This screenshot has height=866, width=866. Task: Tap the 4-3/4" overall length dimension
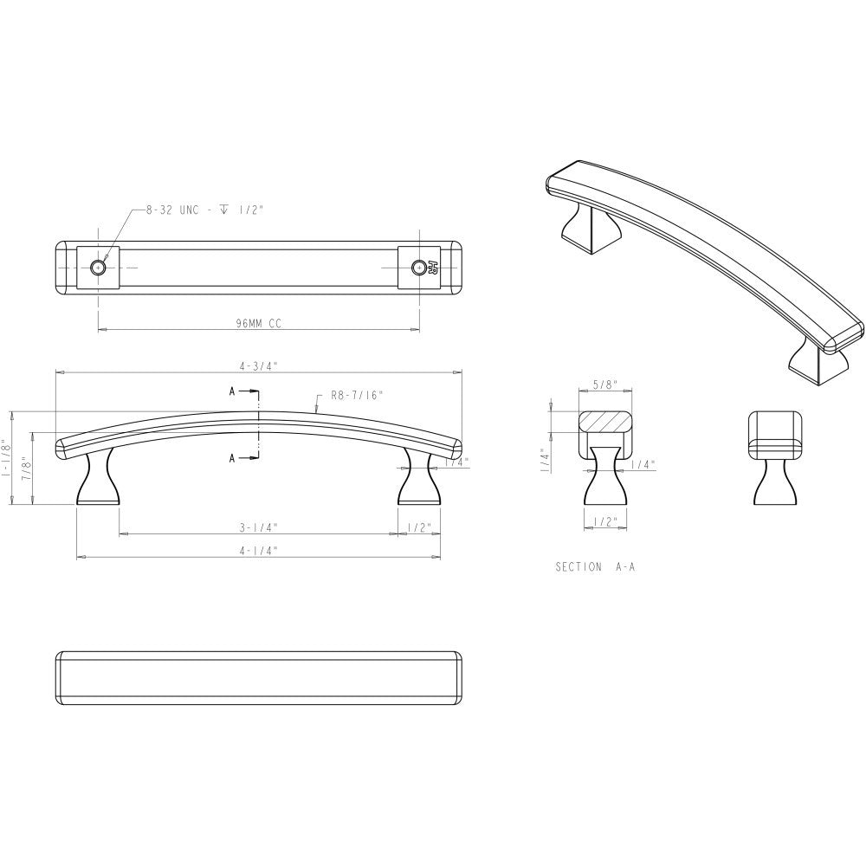258,366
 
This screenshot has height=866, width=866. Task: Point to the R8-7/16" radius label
357,395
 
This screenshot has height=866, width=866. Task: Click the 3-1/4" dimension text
258,527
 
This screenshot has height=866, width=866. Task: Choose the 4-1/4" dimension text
258,549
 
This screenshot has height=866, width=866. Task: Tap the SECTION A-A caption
600,567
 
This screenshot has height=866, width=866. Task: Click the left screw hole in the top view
99,268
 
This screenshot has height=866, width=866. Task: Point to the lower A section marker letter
233,458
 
